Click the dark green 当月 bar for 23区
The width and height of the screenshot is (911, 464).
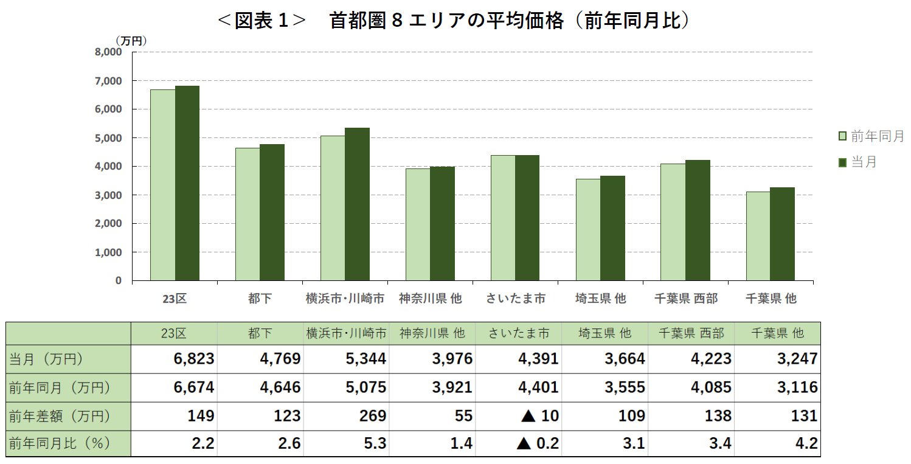click(x=187, y=182)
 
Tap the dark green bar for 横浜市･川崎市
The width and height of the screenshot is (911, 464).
click(x=357, y=204)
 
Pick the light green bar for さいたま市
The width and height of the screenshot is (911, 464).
click(x=503, y=218)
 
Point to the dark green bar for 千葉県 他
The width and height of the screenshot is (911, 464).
click(x=782, y=234)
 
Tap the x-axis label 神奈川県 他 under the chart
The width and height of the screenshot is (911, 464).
click(x=431, y=299)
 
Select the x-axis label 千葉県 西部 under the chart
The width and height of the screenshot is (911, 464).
click(x=686, y=299)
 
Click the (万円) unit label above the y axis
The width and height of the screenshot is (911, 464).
click(x=131, y=41)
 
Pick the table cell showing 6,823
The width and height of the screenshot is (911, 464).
click(x=194, y=359)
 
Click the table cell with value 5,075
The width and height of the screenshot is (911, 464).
click(x=365, y=387)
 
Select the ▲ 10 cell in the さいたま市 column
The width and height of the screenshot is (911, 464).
click(x=537, y=416)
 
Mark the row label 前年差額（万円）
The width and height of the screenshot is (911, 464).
click(x=60, y=416)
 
